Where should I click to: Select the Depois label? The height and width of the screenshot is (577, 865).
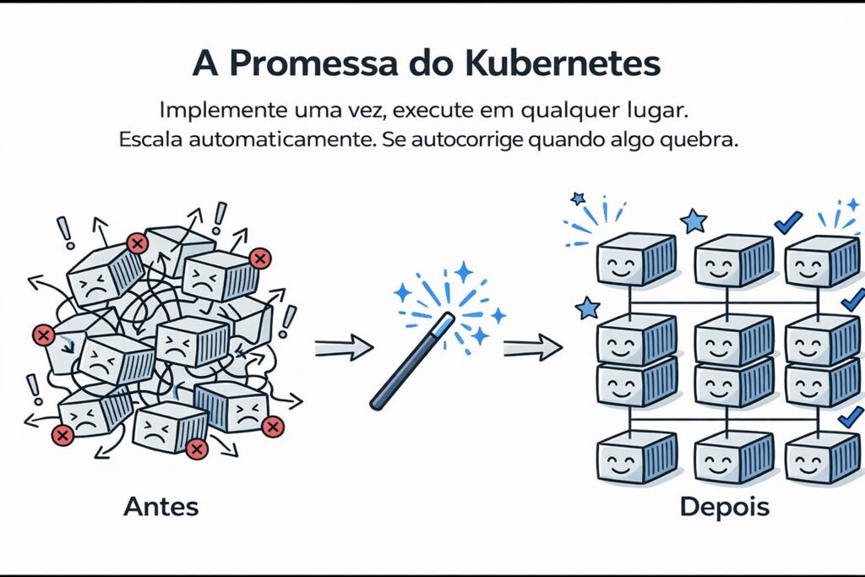pos(725,507)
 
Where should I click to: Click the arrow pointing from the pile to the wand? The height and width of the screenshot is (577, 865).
pos(343,346)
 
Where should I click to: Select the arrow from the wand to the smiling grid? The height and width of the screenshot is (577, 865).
pos(532,346)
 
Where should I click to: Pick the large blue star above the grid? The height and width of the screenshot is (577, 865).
pos(694,221)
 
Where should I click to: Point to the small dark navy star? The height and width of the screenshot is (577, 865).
pos(578,199)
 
